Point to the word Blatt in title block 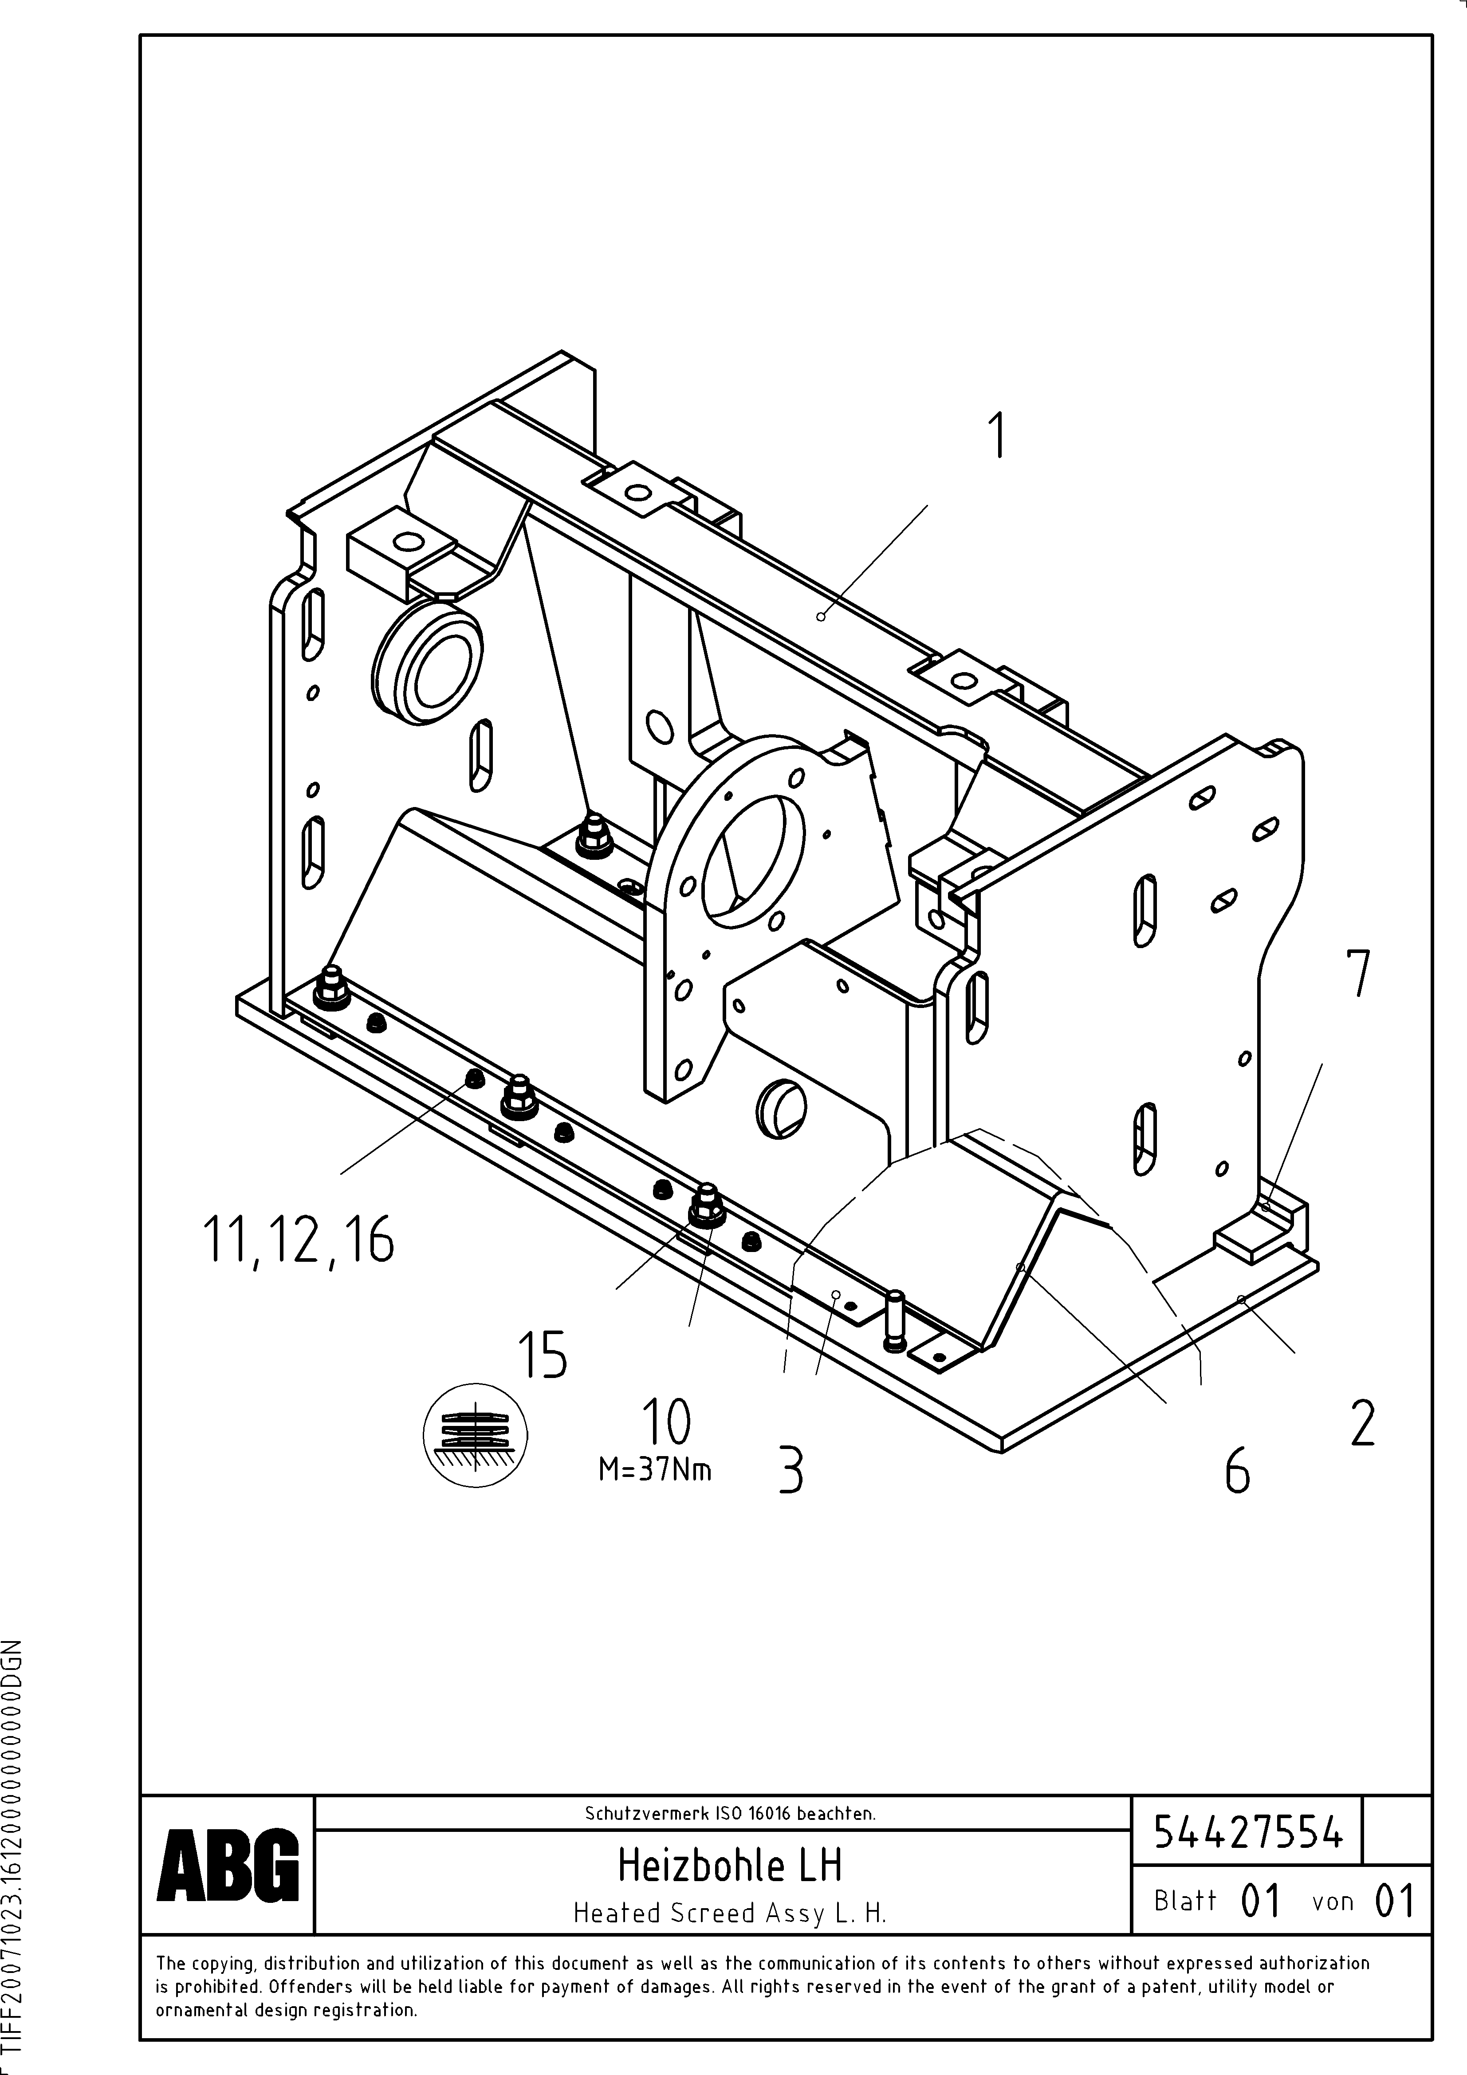(1185, 1901)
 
